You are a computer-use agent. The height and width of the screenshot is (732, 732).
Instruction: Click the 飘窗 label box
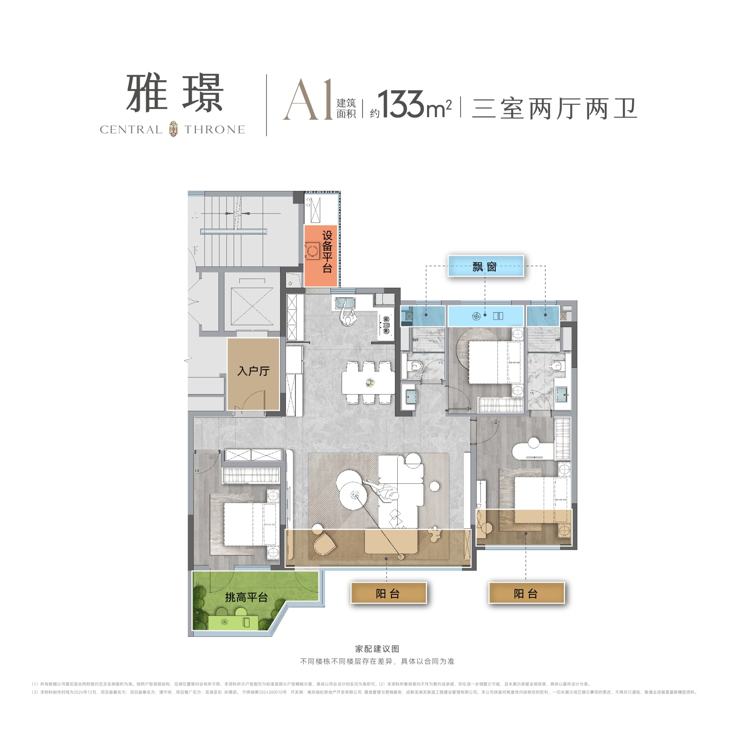(x=485, y=266)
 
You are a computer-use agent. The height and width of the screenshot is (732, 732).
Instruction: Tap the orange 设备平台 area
(x=321, y=255)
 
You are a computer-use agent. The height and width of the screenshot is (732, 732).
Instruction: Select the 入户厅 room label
(x=253, y=371)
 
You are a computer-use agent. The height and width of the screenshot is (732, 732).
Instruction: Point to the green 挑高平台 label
(x=246, y=597)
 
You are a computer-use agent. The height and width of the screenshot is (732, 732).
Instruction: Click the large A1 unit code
(x=308, y=100)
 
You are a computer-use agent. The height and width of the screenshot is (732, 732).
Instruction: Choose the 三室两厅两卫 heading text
(x=554, y=109)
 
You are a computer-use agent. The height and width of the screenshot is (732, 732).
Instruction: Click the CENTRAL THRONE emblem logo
(x=173, y=129)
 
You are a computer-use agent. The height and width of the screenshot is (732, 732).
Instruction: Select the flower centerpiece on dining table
(x=369, y=382)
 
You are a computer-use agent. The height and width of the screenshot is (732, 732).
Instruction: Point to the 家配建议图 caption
(x=377, y=649)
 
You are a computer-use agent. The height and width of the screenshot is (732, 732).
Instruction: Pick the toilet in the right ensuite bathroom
(x=557, y=366)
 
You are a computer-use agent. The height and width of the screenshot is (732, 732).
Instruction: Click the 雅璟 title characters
(x=175, y=93)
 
